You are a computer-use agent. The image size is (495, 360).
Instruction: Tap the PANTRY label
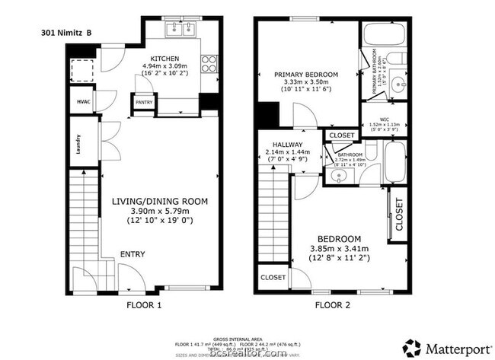point(143,101)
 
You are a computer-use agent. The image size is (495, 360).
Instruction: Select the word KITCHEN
point(164,59)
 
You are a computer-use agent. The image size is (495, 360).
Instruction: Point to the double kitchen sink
point(182,30)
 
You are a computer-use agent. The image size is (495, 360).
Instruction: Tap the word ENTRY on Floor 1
point(133,254)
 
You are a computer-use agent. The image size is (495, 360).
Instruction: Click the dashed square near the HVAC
point(81,71)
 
